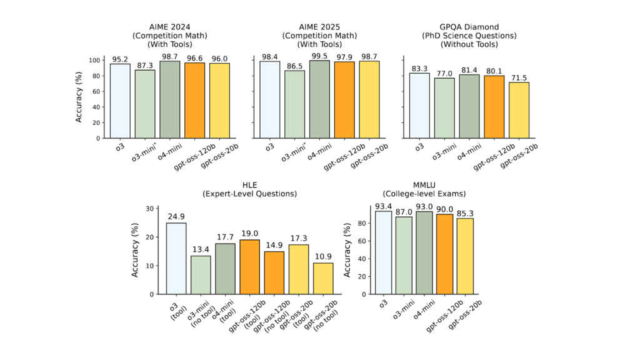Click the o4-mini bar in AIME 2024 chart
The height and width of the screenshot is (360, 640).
point(170,99)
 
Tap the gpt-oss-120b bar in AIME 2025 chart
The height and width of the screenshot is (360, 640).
point(344,99)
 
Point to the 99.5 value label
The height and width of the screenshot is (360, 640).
point(319,56)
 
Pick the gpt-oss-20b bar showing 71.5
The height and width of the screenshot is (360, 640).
point(519,110)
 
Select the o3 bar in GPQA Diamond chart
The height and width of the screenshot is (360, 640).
point(419,105)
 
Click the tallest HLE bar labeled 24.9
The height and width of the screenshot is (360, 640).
point(176,258)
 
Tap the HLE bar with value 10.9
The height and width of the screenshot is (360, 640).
point(323,278)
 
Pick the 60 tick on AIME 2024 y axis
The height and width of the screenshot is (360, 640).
point(96,91)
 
